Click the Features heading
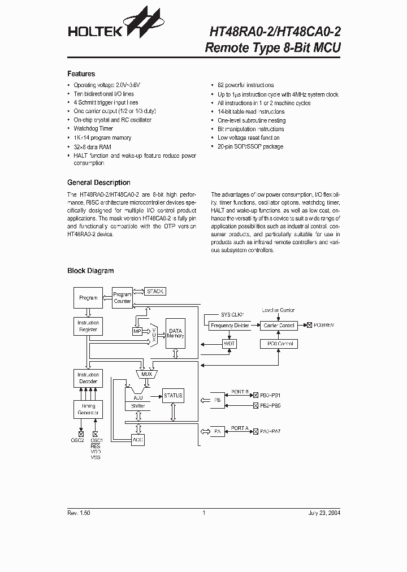(81, 74)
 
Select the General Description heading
(99, 183)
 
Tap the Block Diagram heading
(90, 271)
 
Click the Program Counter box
(122, 298)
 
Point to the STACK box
(155, 291)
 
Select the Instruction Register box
(88, 326)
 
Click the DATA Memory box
(175, 333)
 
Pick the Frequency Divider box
(230, 326)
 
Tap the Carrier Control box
(279, 326)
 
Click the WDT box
(230, 344)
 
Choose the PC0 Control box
(279, 344)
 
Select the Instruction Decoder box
(88, 378)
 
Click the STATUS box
(173, 396)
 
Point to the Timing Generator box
(88, 409)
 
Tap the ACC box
(138, 439)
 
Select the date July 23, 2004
(324, 513)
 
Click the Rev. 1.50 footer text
(79, 513)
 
